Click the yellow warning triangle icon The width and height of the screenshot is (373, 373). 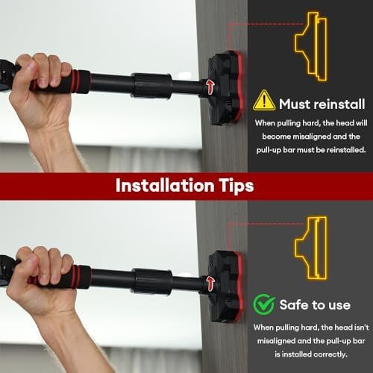click(263, 101)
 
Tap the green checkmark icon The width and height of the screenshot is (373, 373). click(263, 304)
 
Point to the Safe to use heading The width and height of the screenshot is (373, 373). click(314, 305)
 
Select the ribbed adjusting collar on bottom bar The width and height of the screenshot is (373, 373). click(151, 281)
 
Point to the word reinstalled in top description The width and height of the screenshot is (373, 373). click(342, 149)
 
